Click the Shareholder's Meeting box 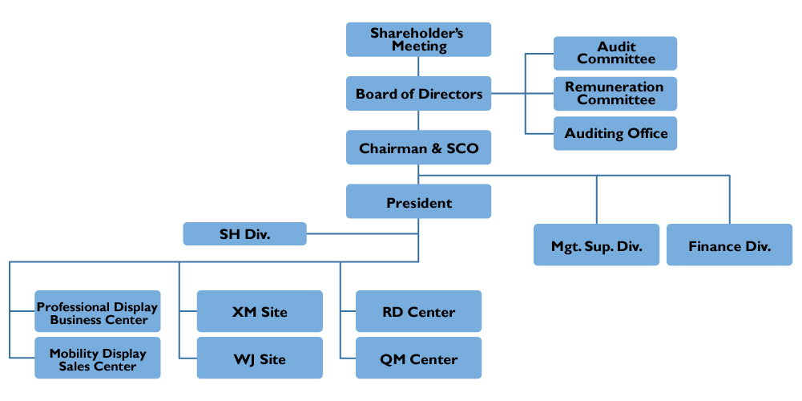(418, 40)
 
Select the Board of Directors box (418, 94)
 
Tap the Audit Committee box (615, 54)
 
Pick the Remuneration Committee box (615, 94)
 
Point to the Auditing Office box (615, 134)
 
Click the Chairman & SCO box (418, 148)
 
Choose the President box (418, 202)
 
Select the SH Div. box (244, 234)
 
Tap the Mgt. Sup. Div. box (596, 245)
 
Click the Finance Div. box (729, 245)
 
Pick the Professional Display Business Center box (98, 312)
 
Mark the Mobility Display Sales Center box (98, 358)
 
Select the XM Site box (260, 312)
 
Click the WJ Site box (260, 358)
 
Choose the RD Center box (418, 312)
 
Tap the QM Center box (418, 358)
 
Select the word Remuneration (615, 87)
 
